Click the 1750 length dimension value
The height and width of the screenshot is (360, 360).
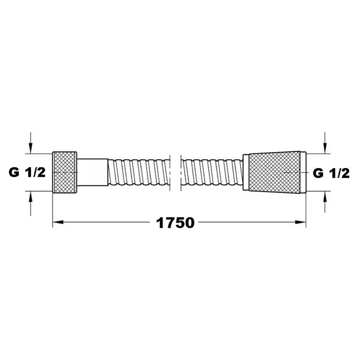click(175, 223)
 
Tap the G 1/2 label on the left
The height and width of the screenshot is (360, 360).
click(27, 172)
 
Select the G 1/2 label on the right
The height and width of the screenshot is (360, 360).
click(331, 173)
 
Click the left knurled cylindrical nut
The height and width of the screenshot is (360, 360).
click(64, 172)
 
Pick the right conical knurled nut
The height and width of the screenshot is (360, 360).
click(274, 172)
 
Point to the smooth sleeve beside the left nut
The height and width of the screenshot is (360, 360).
click(92, 172)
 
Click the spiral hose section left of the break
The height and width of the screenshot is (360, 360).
click(139, 172)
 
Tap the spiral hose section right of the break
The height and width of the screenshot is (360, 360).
click(212, 172)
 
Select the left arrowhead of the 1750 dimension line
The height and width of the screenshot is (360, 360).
click(58, 222)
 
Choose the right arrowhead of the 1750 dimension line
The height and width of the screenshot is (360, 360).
click(301, 222)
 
